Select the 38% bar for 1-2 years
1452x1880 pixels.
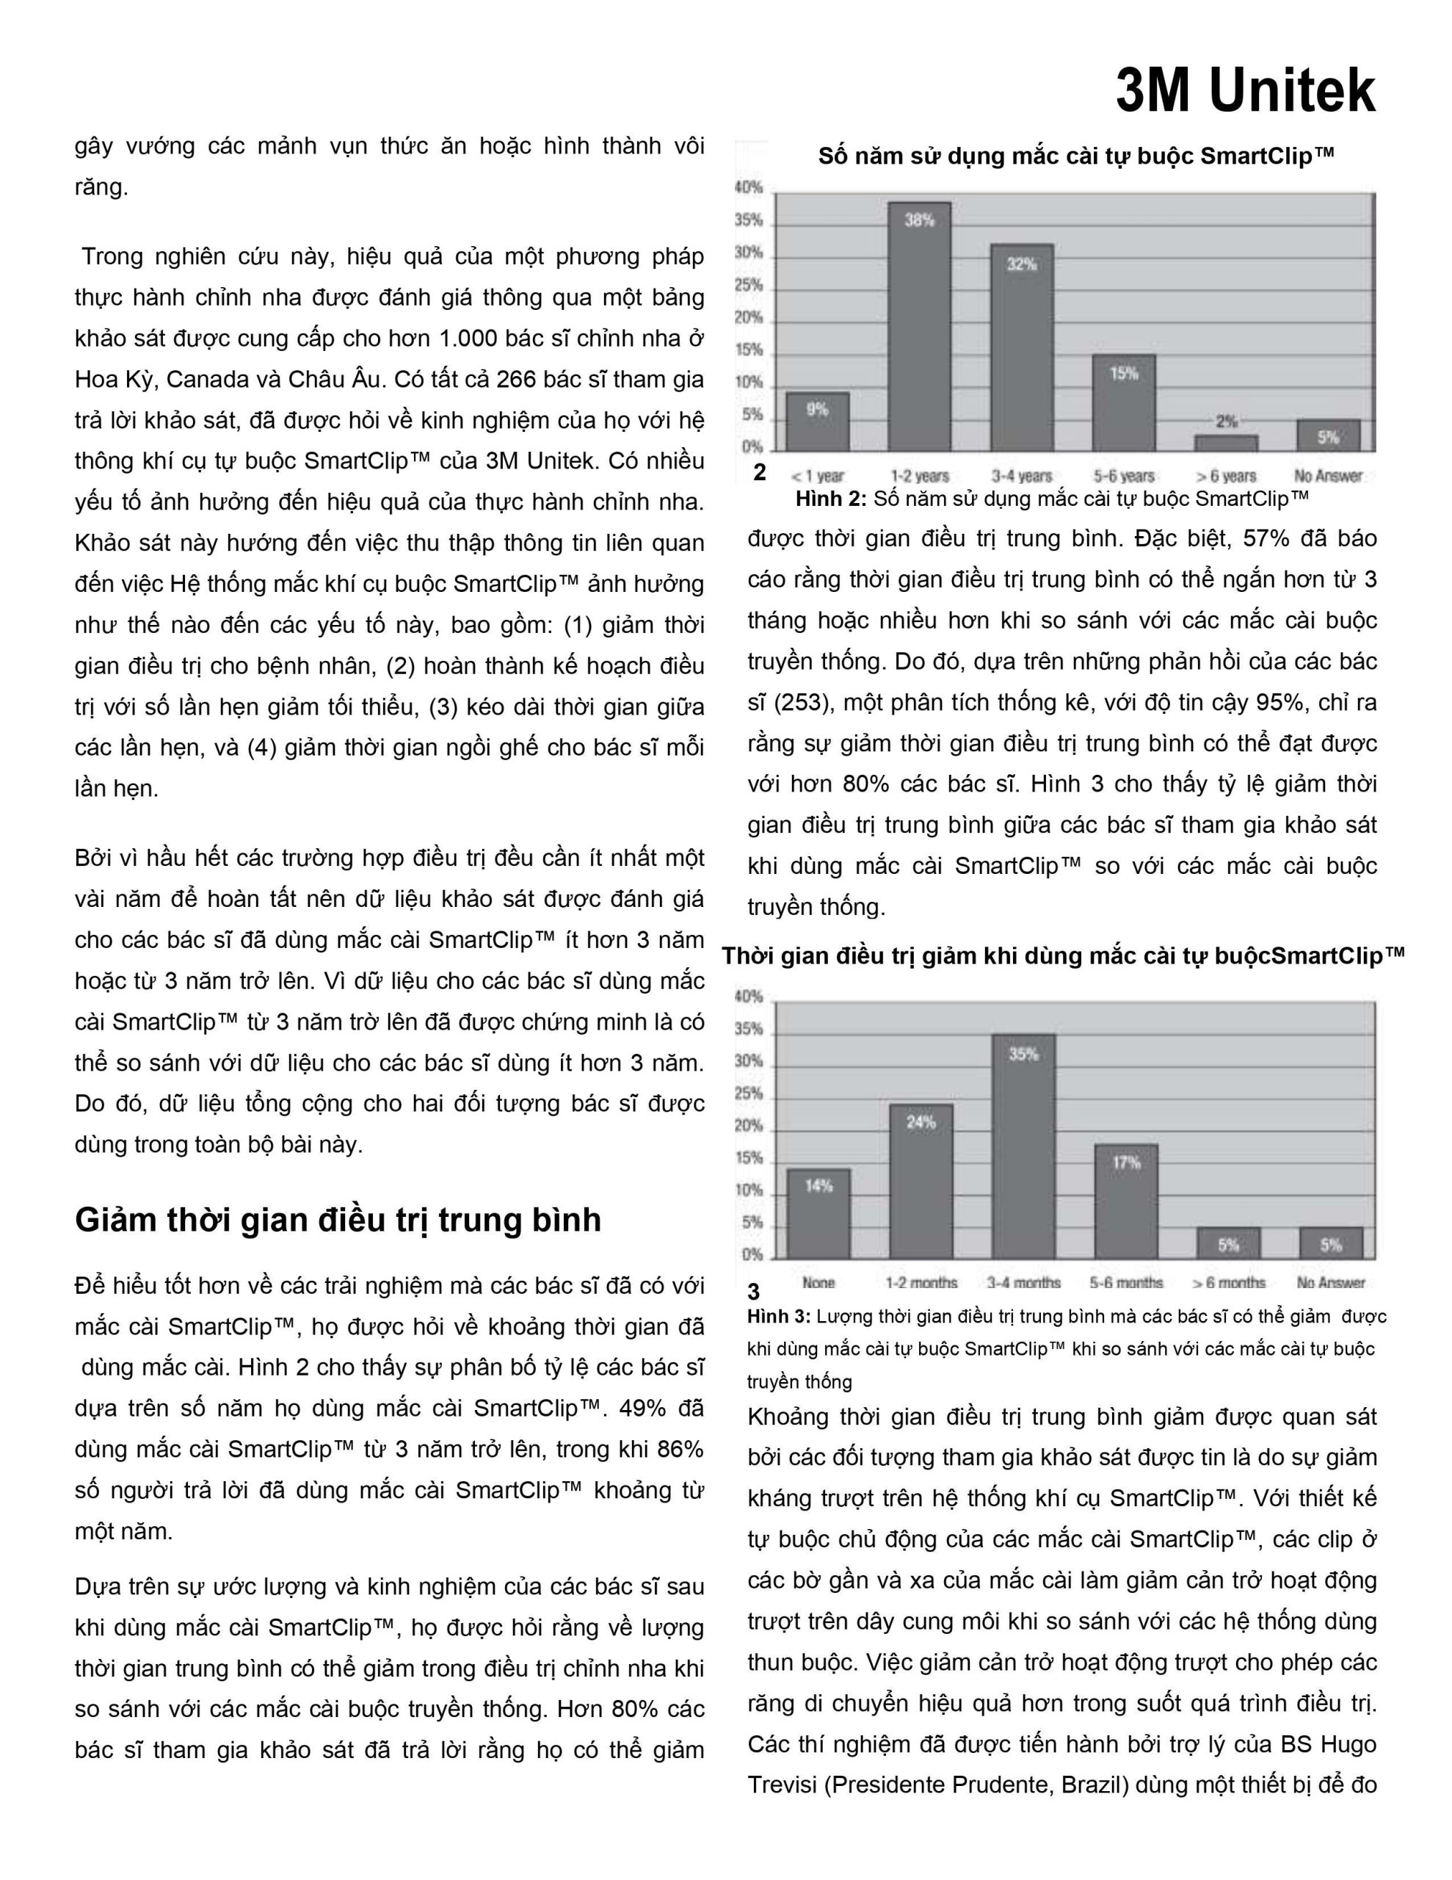click(919, 327)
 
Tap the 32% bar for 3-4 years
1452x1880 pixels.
click(1022, 348)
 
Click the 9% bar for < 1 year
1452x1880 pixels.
click(818, 422)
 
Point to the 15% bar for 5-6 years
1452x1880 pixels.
click(1124, 403)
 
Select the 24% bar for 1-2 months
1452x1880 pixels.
click(921, 1181)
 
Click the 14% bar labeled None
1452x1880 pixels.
click(818, 1214)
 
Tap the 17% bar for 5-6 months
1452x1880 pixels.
click(1126, 1201)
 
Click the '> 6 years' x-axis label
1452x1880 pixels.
click(1226, 476)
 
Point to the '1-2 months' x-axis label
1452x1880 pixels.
click(921, 1283)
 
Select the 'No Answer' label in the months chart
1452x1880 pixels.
click(1331, 1283)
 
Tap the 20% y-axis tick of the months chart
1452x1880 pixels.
click(749, 1126)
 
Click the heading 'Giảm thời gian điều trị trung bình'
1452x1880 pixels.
click(338, 1221)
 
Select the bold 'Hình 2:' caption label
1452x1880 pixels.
click(830, 499)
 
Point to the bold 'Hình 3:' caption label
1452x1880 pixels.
click(778, 1316)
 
